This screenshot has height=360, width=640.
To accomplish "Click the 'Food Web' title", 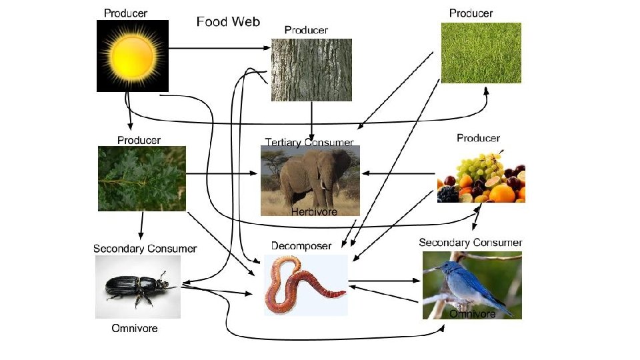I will click(228, 22).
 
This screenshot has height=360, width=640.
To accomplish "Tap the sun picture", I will click(133, 55).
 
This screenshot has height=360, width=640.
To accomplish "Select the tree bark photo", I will click(311, 69).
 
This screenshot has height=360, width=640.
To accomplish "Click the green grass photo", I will click(481, 53).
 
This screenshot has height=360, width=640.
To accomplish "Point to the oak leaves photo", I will click(141, 179).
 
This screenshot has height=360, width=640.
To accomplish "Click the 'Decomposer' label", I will click(301, 246).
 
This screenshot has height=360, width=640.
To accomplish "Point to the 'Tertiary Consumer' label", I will click(309, 142).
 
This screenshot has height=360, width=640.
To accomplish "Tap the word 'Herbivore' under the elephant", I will click(315, 211).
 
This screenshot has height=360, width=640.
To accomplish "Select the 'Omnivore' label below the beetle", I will click(135, 329).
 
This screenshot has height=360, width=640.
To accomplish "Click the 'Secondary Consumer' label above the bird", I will click(471, 242).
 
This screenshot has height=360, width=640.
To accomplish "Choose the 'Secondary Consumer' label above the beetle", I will click(145, 249).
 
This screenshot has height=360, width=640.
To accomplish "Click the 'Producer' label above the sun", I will click(126, 13).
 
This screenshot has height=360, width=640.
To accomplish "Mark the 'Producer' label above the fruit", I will click(478, 138).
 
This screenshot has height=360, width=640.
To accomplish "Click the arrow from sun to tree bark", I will click(220, 48).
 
